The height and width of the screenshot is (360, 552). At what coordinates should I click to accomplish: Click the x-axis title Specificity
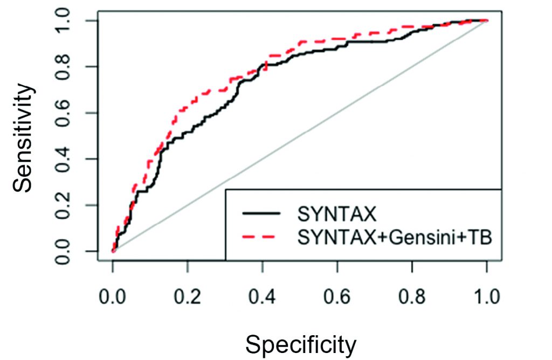point(301,343)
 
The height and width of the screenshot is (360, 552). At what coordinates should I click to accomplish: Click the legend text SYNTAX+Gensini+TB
point(395,237)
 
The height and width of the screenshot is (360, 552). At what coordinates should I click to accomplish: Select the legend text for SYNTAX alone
point(336,214)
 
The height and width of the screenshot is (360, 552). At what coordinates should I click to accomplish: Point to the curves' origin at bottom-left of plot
point(113,251)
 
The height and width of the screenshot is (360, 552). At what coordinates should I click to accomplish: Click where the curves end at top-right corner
point(487,20)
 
